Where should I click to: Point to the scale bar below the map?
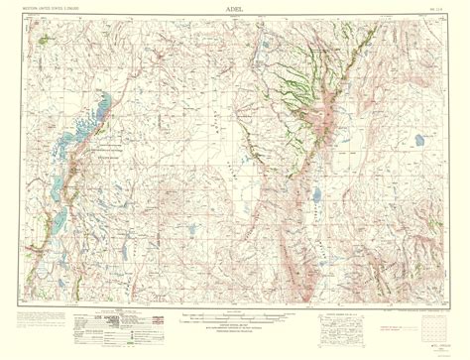234,319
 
